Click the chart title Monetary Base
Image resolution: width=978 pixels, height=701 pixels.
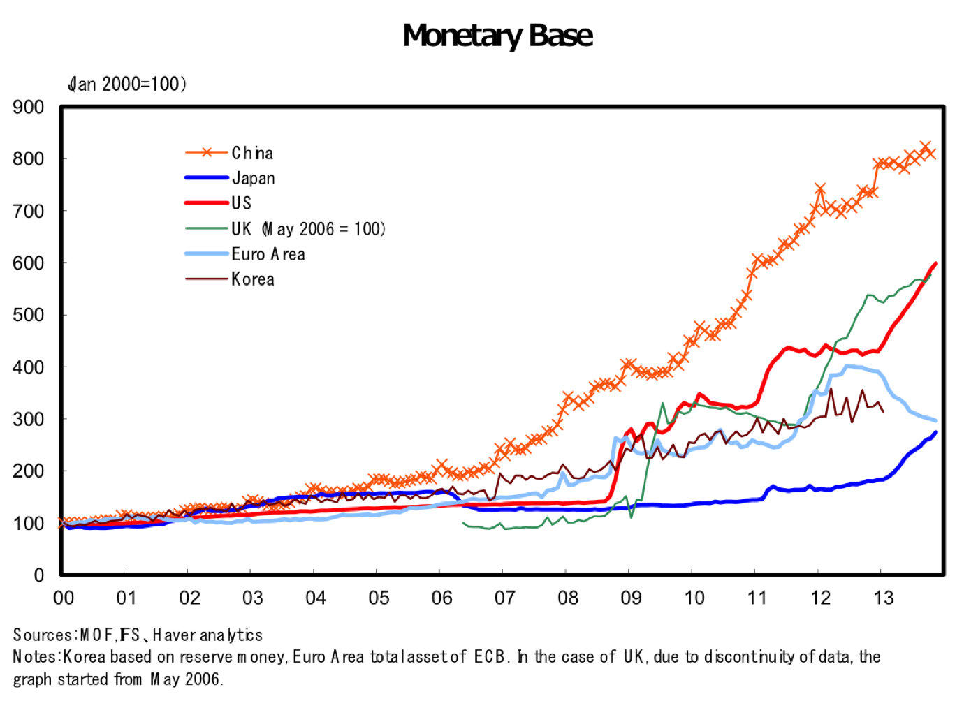(497, 36)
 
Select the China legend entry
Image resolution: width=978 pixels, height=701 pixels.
(230, 153)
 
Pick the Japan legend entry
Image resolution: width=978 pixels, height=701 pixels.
(230, 178)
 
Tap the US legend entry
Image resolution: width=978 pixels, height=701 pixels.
(218, 203)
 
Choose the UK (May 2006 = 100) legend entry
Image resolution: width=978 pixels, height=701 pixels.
(286, 229)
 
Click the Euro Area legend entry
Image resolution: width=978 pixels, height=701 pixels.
(245, 254)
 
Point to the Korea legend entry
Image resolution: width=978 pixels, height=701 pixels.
(230, 279)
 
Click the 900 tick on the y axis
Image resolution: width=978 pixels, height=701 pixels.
(29, 107)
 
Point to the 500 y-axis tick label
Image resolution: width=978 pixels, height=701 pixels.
(29, 315)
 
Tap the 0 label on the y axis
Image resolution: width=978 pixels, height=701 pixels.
(39, 575)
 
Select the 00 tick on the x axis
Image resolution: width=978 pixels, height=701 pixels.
(64, 598)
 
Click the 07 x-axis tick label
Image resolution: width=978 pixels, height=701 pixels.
(504, 598)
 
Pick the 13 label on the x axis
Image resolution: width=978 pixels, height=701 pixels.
(883, 598)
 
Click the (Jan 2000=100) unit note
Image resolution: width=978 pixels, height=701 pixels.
(127, 84)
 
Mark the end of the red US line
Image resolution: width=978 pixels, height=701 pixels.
(936, 263)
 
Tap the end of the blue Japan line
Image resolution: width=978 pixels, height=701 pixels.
(936, 432)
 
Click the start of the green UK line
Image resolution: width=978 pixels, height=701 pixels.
(462, 522)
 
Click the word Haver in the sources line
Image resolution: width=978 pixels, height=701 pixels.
(174, 635)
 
